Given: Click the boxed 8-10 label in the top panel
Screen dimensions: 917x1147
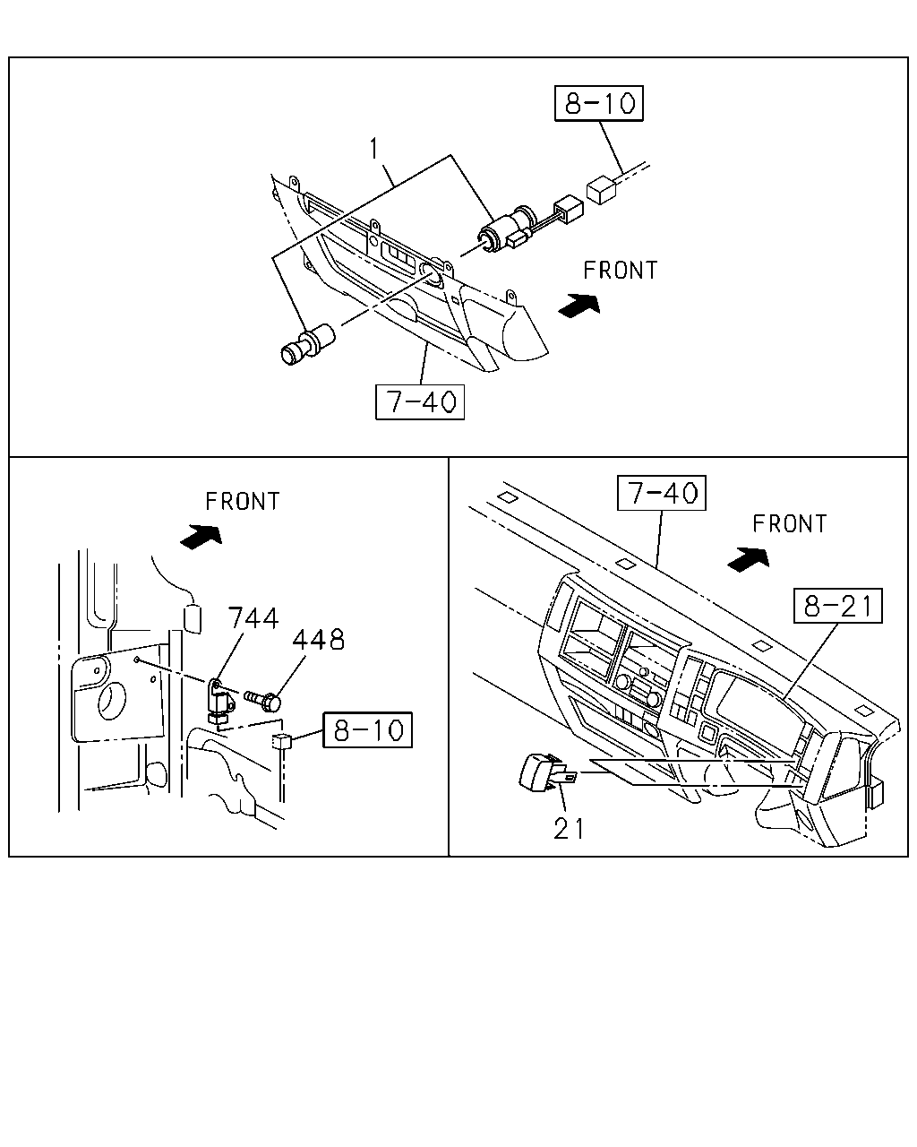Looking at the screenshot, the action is [598, 103].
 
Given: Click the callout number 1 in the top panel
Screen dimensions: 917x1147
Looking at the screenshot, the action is [374, 148].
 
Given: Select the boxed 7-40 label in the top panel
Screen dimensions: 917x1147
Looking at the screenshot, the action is [420, 401].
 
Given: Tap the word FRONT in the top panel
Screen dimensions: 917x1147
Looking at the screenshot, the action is [621, 271].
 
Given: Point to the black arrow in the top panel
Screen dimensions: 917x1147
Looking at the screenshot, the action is [579, 306].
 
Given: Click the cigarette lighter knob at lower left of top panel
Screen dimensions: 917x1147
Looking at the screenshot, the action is [307, 344].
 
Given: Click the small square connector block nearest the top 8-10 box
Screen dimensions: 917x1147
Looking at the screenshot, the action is [601, 190].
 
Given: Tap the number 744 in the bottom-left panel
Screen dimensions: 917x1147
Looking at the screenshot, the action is [253, 618].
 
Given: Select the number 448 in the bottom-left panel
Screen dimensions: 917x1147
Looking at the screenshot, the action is [318, 639].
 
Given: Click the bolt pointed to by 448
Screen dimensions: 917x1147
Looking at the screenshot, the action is [262, 701].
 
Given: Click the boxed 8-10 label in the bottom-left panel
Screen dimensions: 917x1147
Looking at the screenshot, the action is [368, 729].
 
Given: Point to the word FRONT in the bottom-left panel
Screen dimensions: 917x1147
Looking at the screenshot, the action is [243, 502].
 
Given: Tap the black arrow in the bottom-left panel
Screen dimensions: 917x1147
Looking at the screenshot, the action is [201, 536].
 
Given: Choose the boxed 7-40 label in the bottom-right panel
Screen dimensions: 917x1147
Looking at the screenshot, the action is [662, 493].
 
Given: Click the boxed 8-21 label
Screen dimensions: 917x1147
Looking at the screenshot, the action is [838, 606].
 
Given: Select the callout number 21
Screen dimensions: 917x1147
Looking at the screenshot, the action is [569, 830].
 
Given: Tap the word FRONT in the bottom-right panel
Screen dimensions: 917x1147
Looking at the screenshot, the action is [790, 524].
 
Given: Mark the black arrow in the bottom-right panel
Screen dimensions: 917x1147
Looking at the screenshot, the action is [748, 560].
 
